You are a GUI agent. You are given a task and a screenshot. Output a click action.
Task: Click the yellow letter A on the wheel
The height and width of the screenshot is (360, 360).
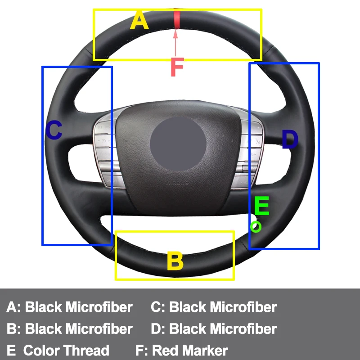[x=139, y=21]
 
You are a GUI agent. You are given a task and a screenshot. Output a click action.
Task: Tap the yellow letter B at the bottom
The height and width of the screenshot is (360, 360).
[x=175, y=261]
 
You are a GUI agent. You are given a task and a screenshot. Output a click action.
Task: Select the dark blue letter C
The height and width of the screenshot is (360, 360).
[x=54, y=131]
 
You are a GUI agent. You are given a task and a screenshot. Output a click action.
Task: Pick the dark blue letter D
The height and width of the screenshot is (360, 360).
[x=290, y=139]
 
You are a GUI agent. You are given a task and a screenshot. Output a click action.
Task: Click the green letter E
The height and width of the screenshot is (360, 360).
[x=261, y=207]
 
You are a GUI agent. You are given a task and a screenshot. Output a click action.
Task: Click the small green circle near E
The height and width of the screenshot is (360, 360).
[x=256, y=227]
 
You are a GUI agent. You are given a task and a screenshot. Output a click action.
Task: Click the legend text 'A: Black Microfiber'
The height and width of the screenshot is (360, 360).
[x=70, y=307]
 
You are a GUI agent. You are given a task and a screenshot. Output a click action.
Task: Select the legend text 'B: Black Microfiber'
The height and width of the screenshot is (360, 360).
[x=70, y=329]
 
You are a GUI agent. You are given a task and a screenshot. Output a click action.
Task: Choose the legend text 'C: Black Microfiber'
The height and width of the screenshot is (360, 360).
[x=214, y=307]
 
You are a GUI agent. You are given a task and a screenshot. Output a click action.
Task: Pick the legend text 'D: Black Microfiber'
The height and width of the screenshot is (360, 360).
[x=214, y=329]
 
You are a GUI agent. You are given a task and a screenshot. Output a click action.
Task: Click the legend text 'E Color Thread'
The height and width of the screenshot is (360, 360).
[x=58, y=351]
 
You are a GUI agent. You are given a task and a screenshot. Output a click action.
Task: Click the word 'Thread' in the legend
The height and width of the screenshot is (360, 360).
[x=86, y=351]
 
